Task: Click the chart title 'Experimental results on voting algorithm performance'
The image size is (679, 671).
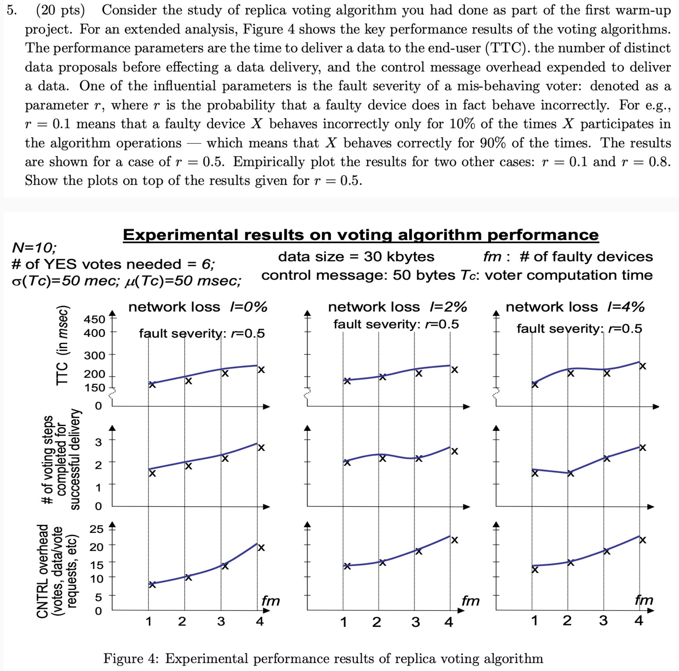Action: coord(361,235)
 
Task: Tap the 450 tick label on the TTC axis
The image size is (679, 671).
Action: coord(94,319)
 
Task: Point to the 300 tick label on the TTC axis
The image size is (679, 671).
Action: coord(94,355)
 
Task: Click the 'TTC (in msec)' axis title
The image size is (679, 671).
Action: coord(63,346)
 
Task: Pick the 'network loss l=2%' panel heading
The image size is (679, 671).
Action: coord(398,307)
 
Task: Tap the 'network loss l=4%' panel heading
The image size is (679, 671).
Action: coord(575,307)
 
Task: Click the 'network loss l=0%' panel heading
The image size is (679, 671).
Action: coord(197,307)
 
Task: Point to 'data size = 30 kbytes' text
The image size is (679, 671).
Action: coord(356,257)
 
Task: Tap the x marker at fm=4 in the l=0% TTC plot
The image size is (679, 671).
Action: coord(261,370)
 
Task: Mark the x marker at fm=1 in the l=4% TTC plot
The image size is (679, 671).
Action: coord(534,385)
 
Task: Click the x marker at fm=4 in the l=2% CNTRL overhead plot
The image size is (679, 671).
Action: coord(454,540)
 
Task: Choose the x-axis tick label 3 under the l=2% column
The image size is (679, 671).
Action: coord(415,622)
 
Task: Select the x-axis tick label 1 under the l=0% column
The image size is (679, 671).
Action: coord(148,622)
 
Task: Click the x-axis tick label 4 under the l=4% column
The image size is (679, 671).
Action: coord(639,621)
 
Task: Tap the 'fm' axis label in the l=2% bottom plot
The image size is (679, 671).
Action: coord(470,601)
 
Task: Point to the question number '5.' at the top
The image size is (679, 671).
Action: coord(12,10)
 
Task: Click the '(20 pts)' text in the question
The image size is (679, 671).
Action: coord(60,10)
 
